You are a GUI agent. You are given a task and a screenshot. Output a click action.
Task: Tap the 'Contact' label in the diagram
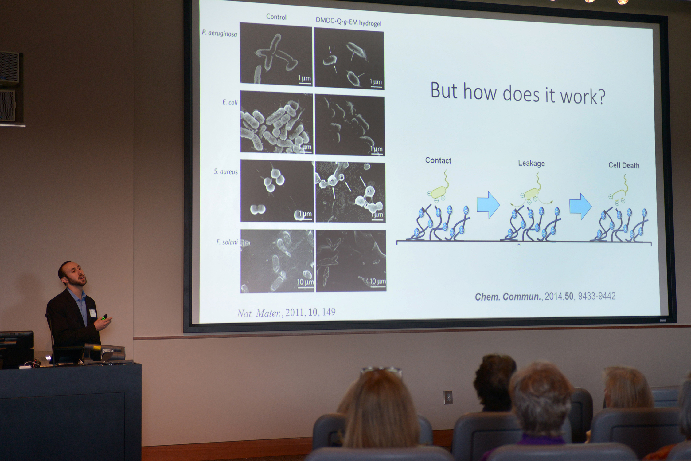click(x=438, y=160)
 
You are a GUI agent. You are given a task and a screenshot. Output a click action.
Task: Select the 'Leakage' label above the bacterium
click(x=531, y=163)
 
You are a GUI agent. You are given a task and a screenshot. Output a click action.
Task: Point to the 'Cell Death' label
click(x=624, y=165)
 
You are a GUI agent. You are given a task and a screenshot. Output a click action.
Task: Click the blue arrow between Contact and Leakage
click(x=488, y=205)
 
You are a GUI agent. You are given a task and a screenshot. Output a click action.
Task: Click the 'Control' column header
click(x=276, y=17)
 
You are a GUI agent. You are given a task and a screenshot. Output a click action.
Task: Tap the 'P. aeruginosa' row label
click(x=220, y=33)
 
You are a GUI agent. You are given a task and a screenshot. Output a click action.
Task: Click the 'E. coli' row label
click(x=230, y=102)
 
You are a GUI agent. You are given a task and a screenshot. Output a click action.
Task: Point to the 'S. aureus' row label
click(x=226, y=171)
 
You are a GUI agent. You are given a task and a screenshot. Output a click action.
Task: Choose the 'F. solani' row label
click(x=227, y=242)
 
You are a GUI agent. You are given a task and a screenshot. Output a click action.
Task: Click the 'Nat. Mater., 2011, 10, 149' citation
click(x=286, y=313)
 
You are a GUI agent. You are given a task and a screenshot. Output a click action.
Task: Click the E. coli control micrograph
click(x=276, y=122)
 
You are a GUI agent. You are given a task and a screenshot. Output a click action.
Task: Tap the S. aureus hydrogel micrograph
click(x=350, y=192)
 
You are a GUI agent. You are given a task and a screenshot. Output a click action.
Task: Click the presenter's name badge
click(x=92, y=313)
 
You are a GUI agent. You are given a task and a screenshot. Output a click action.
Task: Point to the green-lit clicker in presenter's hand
click(x=104, y=317)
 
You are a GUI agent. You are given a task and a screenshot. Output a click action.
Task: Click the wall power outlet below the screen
click(x=448, y=397)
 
